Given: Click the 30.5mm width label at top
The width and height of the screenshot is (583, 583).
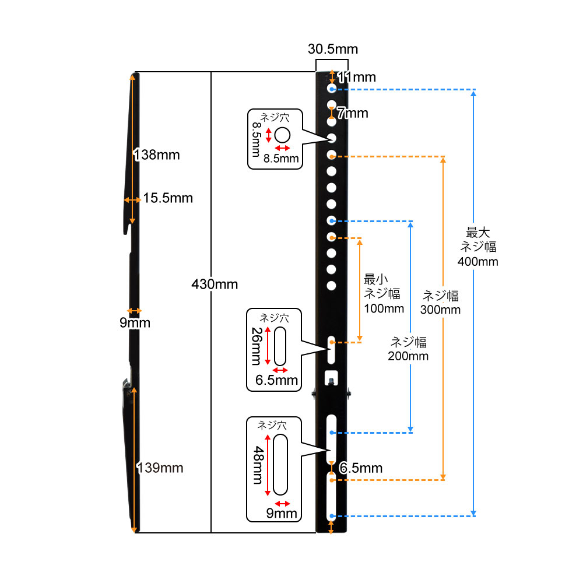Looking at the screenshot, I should pos(332,48).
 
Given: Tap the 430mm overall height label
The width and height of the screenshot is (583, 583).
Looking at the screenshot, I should pos(215,285).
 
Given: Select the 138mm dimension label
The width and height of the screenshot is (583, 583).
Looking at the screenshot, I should pos(157,155).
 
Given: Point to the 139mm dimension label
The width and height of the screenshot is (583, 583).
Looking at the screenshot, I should pos(160,468).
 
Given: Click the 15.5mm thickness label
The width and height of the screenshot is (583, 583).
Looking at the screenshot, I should pos(168,198).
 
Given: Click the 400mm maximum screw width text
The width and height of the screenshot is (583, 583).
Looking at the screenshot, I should pos(478,261).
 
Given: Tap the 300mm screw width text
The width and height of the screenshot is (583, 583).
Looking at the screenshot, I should pos(440,310).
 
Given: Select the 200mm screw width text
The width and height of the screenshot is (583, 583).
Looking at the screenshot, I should pos(408,356).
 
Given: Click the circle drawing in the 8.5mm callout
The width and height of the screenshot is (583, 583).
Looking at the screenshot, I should pos(282,136).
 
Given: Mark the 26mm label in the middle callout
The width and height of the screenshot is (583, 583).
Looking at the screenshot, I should pos(256,346).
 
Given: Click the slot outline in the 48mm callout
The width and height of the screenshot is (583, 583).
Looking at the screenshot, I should pos(280,464).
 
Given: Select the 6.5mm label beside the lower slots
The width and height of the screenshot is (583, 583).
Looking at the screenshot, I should pos(361,468).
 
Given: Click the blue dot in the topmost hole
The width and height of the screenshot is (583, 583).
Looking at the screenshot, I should pos(332,89).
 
